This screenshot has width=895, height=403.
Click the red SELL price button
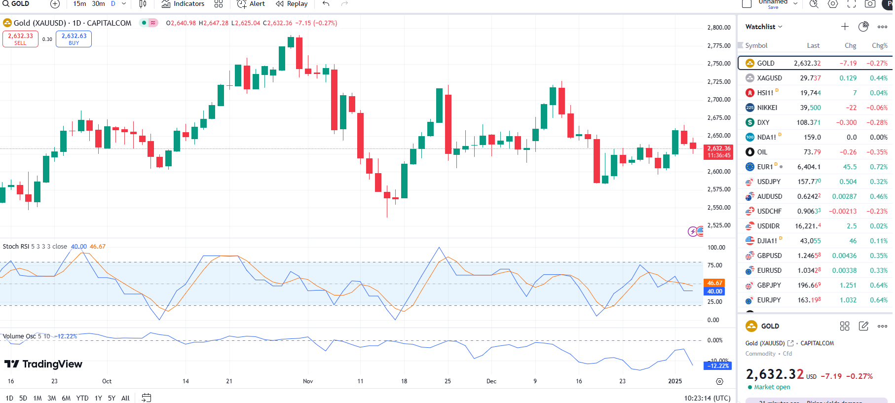[20, 39]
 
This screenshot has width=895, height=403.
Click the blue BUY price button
[74, 39]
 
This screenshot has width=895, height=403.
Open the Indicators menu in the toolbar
[183, 4]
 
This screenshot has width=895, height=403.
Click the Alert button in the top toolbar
[251, 4]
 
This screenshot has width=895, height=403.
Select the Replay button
[292, 4]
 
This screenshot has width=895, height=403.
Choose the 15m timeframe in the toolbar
[79, 4]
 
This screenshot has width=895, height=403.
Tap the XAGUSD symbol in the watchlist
[769, 78]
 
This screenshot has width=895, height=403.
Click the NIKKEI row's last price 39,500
[810, 108]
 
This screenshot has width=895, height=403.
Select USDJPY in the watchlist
[769, 182]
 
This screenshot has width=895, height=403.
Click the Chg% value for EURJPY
[878, 300]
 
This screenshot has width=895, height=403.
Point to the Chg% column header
[879, 45]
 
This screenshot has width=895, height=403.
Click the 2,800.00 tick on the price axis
[718, 28]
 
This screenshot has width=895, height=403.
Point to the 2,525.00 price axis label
[718, 225]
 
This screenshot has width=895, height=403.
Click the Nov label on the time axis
[308, 381]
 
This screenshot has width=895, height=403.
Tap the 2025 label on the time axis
[674, 381]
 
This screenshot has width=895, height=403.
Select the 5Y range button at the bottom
[112, 398]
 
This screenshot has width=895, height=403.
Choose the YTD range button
[82, 398]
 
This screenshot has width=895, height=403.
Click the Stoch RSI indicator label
[16, 247]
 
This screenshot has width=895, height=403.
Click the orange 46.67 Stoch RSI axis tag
[714, 283]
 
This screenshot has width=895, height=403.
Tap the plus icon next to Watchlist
[845, 27]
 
